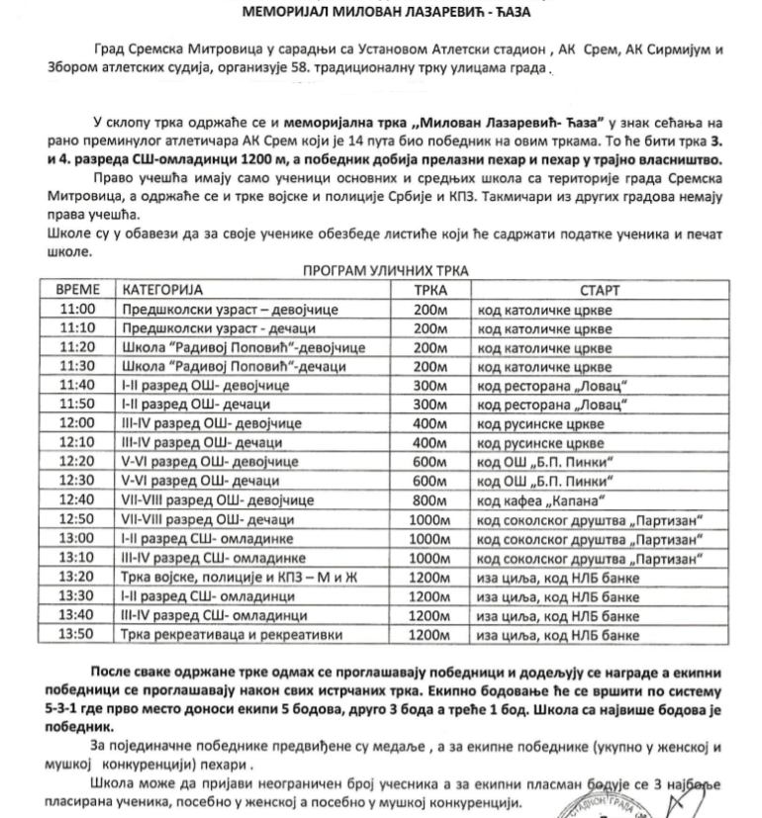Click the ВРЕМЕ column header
[x=76, y=292]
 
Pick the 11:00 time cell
[x=76, y=310]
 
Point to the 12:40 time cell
[x=76, y=500]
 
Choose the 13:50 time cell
[x=76, y=634]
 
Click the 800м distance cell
[x=429, y=500]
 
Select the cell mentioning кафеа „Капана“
[x=555, y=500]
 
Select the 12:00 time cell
[x=76, y=422]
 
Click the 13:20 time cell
[x=76, y=577]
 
